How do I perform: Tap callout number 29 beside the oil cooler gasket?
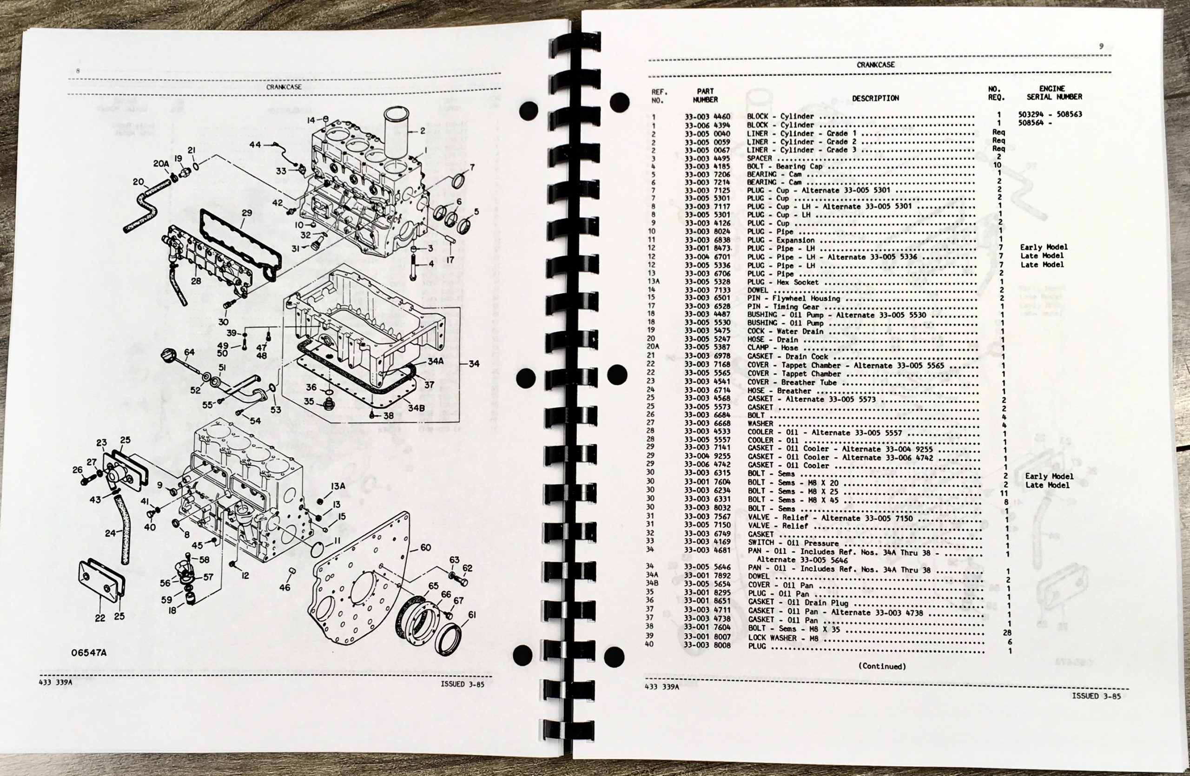(x=246, y=213)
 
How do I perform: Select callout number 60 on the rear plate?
(x=425, y=548)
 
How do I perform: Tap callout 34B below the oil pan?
(x=416, y=408)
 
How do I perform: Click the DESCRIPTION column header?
(x=875, y=99)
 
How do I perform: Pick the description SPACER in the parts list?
(x=759, y=158)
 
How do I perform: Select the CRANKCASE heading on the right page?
(x=875, y=65)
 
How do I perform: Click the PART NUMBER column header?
(x=706, y=95)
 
